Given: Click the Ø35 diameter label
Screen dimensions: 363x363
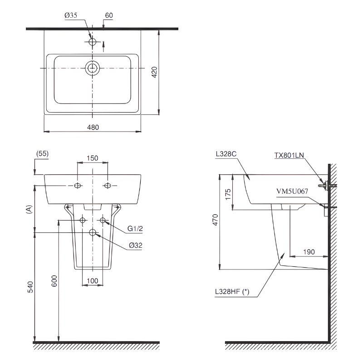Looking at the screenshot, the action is coord(71,15).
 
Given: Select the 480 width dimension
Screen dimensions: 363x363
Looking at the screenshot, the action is coord(93,128).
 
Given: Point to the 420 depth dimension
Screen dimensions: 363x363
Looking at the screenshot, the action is coord(154,72).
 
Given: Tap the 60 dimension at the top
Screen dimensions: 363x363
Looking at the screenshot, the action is coord(109,15).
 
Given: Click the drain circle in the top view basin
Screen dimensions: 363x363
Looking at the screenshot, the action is coord(93,68).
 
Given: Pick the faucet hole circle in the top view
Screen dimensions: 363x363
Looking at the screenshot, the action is coord(93,42).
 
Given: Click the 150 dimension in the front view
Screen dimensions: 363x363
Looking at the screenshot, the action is coord(93,158).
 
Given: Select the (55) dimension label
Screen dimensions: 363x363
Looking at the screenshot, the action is coord(43,153).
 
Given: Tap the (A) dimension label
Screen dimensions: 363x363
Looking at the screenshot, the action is coord(29,209).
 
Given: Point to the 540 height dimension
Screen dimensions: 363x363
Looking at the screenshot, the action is coord(30,287).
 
